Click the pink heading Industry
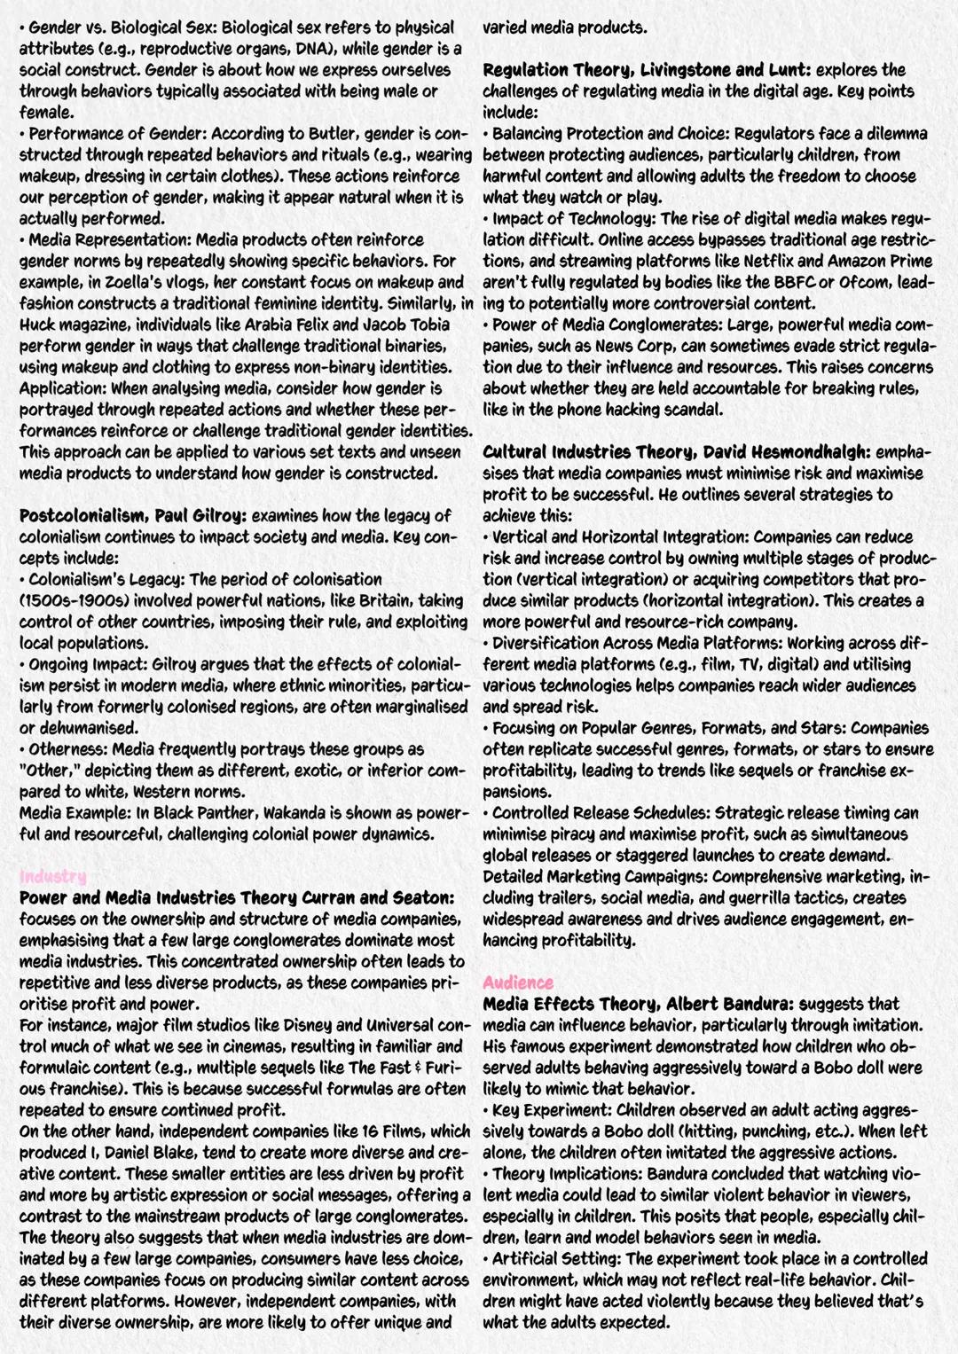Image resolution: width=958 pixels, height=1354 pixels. [52, 876]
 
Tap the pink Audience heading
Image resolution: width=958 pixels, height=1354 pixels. [518, 982]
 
